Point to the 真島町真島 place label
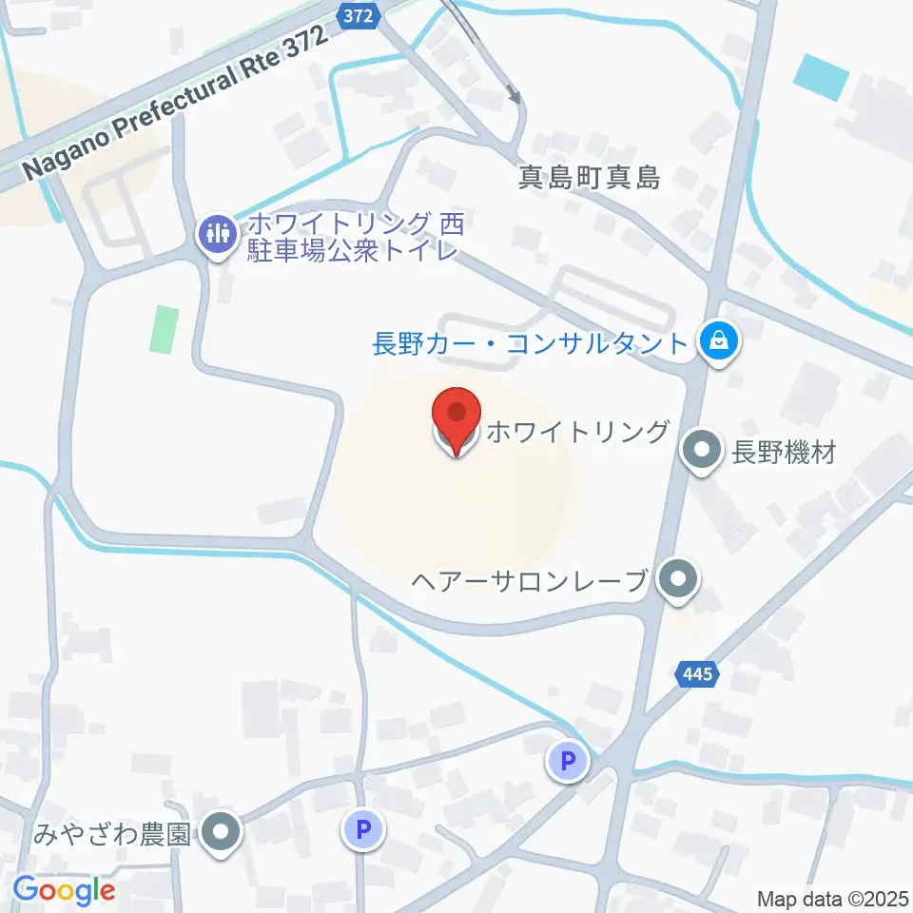(x=589, y=177)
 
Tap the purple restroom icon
(x=218, y=232)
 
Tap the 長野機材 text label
(x=784, y=452)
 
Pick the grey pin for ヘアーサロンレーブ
(x=678, y=578)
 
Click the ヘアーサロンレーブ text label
(x=531, y=579)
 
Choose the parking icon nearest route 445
(x=568, y=760)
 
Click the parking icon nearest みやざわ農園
(x=362, y=830)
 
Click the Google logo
(x=64, y=891)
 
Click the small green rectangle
(x=165, y=329)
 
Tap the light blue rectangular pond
(x=820, y=77)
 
